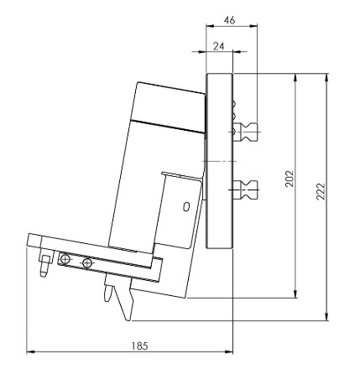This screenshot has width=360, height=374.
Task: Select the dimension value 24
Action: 218,47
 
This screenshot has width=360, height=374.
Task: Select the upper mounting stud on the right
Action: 249,132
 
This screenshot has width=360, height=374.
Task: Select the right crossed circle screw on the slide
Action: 87,263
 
